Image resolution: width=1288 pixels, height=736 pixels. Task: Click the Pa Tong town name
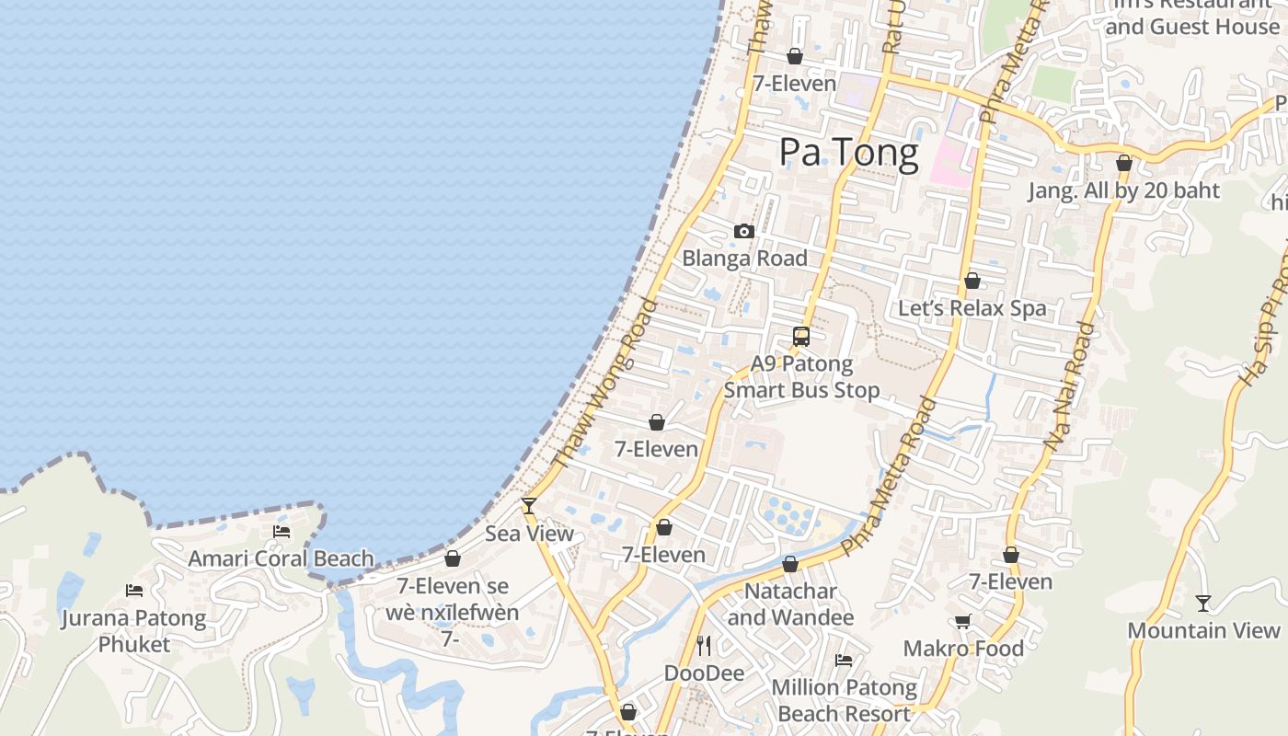click(848, 153)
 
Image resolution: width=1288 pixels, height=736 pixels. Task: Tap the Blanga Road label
click(744, 259)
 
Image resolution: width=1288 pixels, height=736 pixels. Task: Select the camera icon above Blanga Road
click(744, 232)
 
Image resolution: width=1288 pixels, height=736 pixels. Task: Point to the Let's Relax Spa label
click(972, 308)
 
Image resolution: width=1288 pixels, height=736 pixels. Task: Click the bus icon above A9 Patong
click(801, 337)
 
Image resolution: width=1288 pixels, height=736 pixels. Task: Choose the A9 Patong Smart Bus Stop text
click(801, 377)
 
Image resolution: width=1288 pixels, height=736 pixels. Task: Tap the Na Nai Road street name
click(1069, 385)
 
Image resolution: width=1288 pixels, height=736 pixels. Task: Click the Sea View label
click(529, 534)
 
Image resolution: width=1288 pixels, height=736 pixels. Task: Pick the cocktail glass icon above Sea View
click(529, 506)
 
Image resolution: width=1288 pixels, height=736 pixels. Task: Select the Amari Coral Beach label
click(282, 558)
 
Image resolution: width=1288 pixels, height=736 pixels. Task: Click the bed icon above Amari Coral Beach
click(282, 532)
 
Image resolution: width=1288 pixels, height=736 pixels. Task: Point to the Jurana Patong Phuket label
click(134, 630)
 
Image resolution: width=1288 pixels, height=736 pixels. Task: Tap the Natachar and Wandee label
click(791, 604)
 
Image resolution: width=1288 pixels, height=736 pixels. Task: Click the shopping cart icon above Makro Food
click(963, 622)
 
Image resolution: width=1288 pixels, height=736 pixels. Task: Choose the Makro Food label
click(963, 649)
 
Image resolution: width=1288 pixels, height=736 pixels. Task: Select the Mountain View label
click(1203, 631)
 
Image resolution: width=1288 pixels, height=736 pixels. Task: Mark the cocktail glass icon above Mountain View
click(1203, 604)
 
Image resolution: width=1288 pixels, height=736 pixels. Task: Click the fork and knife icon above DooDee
click(704, 646)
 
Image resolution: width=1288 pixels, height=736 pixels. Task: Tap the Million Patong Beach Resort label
click(844, 700)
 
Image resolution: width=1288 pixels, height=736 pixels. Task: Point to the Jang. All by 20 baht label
click(1123, 190)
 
